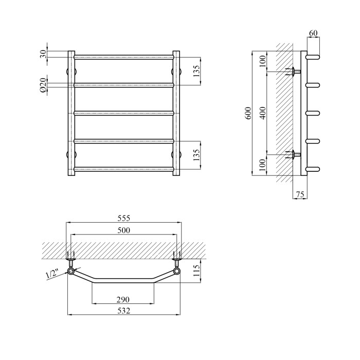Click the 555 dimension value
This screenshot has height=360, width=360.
click(x=124, y=218)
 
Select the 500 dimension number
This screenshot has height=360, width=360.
click(x=124, y=230)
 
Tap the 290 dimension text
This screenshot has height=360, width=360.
click(x=123, y=299)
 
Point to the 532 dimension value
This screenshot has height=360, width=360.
click(x=124, y=311)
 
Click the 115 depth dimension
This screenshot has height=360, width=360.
click(x=197, y=271)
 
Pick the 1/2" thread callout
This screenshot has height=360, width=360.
click(x=52, y=274)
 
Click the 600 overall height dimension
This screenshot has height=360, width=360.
click(x=248, y=113)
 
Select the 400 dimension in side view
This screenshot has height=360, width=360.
click(x=263, y=113)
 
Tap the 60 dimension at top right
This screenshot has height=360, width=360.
click(x=313, y=33)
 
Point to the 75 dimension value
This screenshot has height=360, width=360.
click(x=300, y=194)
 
